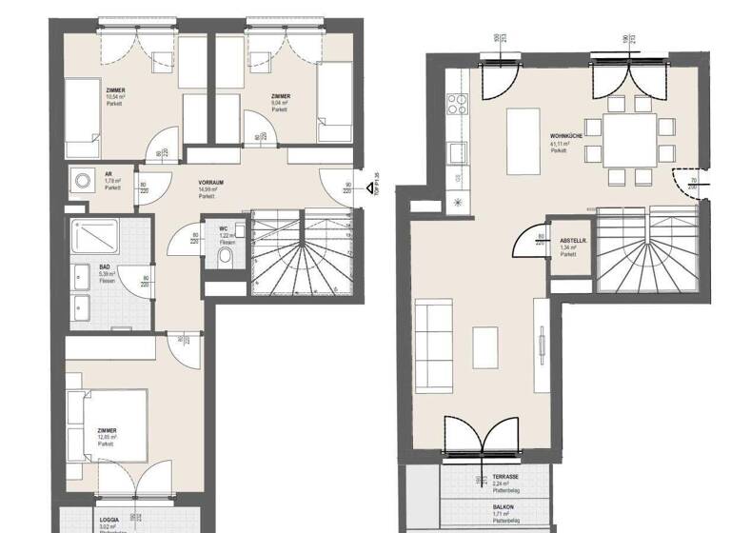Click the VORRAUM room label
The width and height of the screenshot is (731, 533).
tap(211, 181)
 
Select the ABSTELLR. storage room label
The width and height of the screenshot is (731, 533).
tap(573, 240)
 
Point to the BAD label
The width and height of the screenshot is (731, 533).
tap(104, 267)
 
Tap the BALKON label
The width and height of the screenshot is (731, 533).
tap(504, 507)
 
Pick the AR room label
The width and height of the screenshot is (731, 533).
tap(109, 172)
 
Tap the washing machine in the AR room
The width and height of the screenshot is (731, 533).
tap(80, 179)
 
